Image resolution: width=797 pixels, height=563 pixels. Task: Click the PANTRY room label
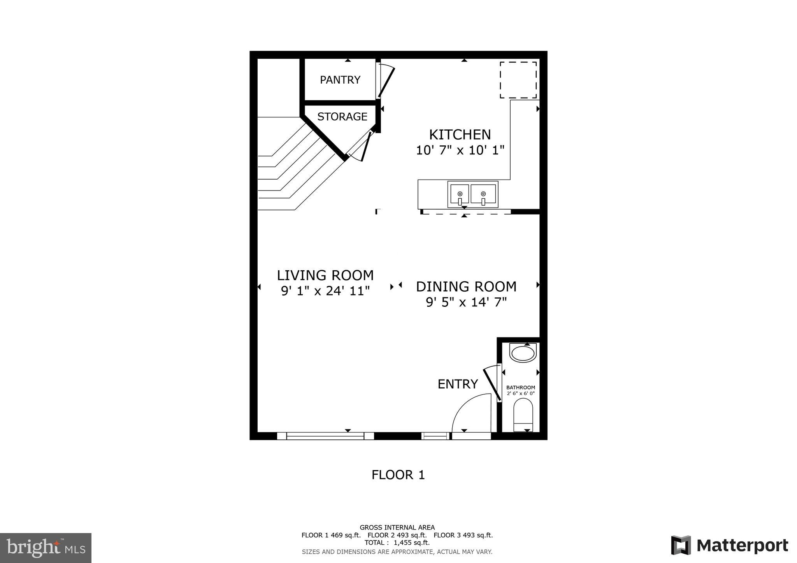340,80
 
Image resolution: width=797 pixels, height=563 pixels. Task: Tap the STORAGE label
342,117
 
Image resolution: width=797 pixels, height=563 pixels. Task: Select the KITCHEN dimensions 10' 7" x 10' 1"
460,150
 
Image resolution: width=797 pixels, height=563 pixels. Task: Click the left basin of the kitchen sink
460,194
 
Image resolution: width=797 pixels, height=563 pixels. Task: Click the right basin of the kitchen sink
483,194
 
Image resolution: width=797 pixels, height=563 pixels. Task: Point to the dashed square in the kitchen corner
518,80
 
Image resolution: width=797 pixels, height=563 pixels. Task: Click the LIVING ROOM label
325,275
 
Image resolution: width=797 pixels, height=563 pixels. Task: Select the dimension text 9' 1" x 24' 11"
325,291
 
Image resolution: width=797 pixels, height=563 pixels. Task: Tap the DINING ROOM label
466,287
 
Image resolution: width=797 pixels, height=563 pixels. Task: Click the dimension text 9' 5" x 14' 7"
466,302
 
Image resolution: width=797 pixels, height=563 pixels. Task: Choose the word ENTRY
457,384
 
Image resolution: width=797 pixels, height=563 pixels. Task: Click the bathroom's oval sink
523,354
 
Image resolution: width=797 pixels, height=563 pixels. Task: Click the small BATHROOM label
520,388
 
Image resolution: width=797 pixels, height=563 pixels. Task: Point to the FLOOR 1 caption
398,475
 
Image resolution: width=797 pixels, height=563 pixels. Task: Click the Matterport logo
729,546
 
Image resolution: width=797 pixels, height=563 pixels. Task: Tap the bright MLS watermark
46,548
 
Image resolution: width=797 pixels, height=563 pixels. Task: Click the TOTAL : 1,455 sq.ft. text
397,543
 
